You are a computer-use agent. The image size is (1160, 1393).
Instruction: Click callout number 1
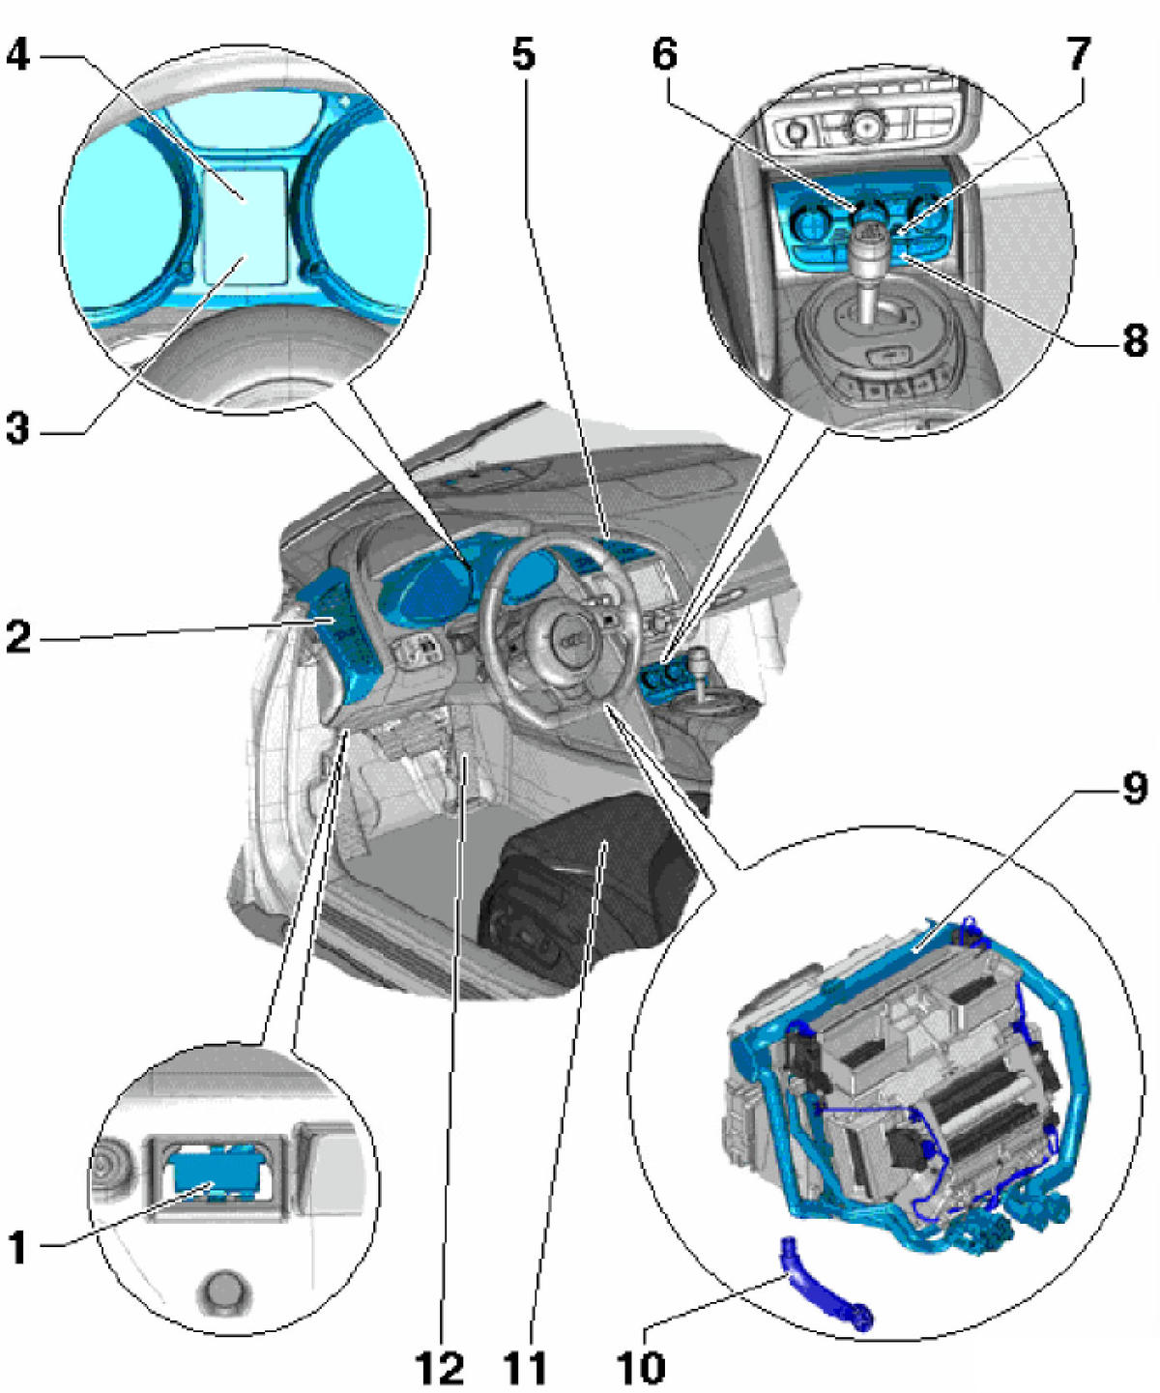(18, 1248)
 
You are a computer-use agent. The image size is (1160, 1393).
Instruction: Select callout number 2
(18, 637)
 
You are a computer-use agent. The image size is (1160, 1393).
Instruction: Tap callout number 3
(18, 427)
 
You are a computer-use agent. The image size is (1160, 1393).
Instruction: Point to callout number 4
(18, 55)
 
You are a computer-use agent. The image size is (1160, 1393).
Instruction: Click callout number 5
(523, 55)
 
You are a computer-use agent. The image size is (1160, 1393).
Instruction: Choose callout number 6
(664, 55)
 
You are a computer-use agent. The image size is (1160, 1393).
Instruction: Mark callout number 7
(1079, 55)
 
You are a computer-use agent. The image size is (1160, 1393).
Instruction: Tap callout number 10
(640, 1367)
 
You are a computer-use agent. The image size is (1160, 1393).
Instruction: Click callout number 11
(525, 1367)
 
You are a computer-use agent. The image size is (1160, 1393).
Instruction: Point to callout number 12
(440, 1367)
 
